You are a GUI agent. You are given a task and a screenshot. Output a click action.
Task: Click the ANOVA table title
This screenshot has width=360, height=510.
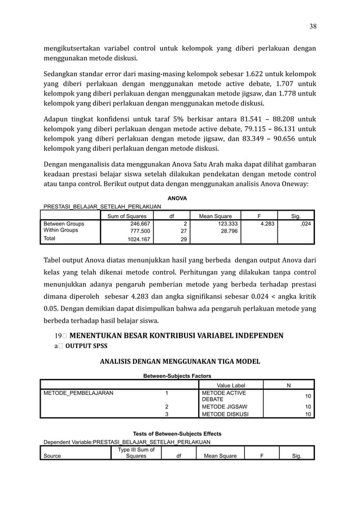(x=178, y=198)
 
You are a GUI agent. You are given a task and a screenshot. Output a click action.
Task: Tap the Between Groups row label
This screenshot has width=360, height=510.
(x=63, y=224)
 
